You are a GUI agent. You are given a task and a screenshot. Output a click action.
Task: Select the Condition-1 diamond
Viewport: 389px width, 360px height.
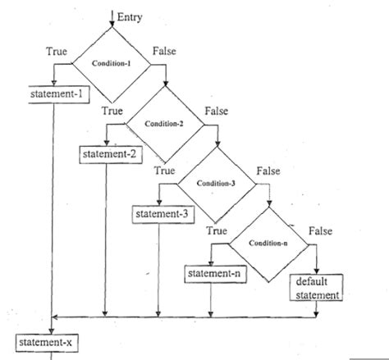point(112,63)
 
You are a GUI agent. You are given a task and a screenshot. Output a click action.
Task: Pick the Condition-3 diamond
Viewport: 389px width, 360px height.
point(215,182)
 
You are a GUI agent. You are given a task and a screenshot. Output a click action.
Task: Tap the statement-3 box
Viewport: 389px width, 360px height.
point(160,213)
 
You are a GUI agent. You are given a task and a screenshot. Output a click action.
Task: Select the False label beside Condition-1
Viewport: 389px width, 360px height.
point(165,52)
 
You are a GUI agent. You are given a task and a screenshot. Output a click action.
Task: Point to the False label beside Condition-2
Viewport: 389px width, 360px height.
point(216,110)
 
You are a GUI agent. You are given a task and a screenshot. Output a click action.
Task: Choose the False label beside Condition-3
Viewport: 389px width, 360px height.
point(268,171)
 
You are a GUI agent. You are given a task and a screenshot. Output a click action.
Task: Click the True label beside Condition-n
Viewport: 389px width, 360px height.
point(216,231)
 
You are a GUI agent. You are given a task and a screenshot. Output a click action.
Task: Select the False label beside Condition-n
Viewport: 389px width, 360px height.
point(320,231)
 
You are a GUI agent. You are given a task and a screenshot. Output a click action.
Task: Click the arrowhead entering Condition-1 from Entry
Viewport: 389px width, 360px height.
point(112,23)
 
